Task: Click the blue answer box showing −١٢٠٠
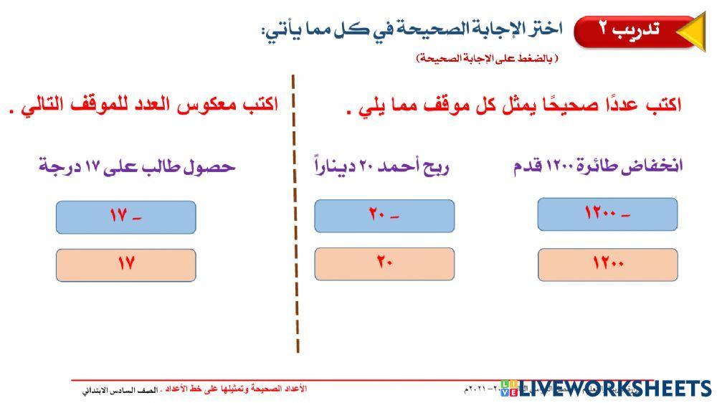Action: pyautogui.click(x=607, y=214)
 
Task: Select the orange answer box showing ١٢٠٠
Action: pyautogui.click(x=607, y=264)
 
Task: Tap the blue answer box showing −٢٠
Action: pyautogui.click(x=384, y=216)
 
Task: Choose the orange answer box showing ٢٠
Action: pyautogui.click(x=384, y=263)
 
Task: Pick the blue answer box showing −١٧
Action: pyautogui.click(x=125, y=217)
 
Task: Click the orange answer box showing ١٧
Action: pyautogui.click(x=125, y=265)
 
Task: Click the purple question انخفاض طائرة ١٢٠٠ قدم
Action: pyautogui.click(x=598, y=166)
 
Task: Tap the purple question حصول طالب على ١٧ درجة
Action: pyautogui.click(x=137, y=167)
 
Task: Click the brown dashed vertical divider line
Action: pyautogui.click(x=295, y=215)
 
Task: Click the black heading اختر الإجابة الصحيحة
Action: pyautogui.click(x=412, y=31)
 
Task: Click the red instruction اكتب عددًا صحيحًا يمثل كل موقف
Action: pyautogui.click(x=513, y=105)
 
